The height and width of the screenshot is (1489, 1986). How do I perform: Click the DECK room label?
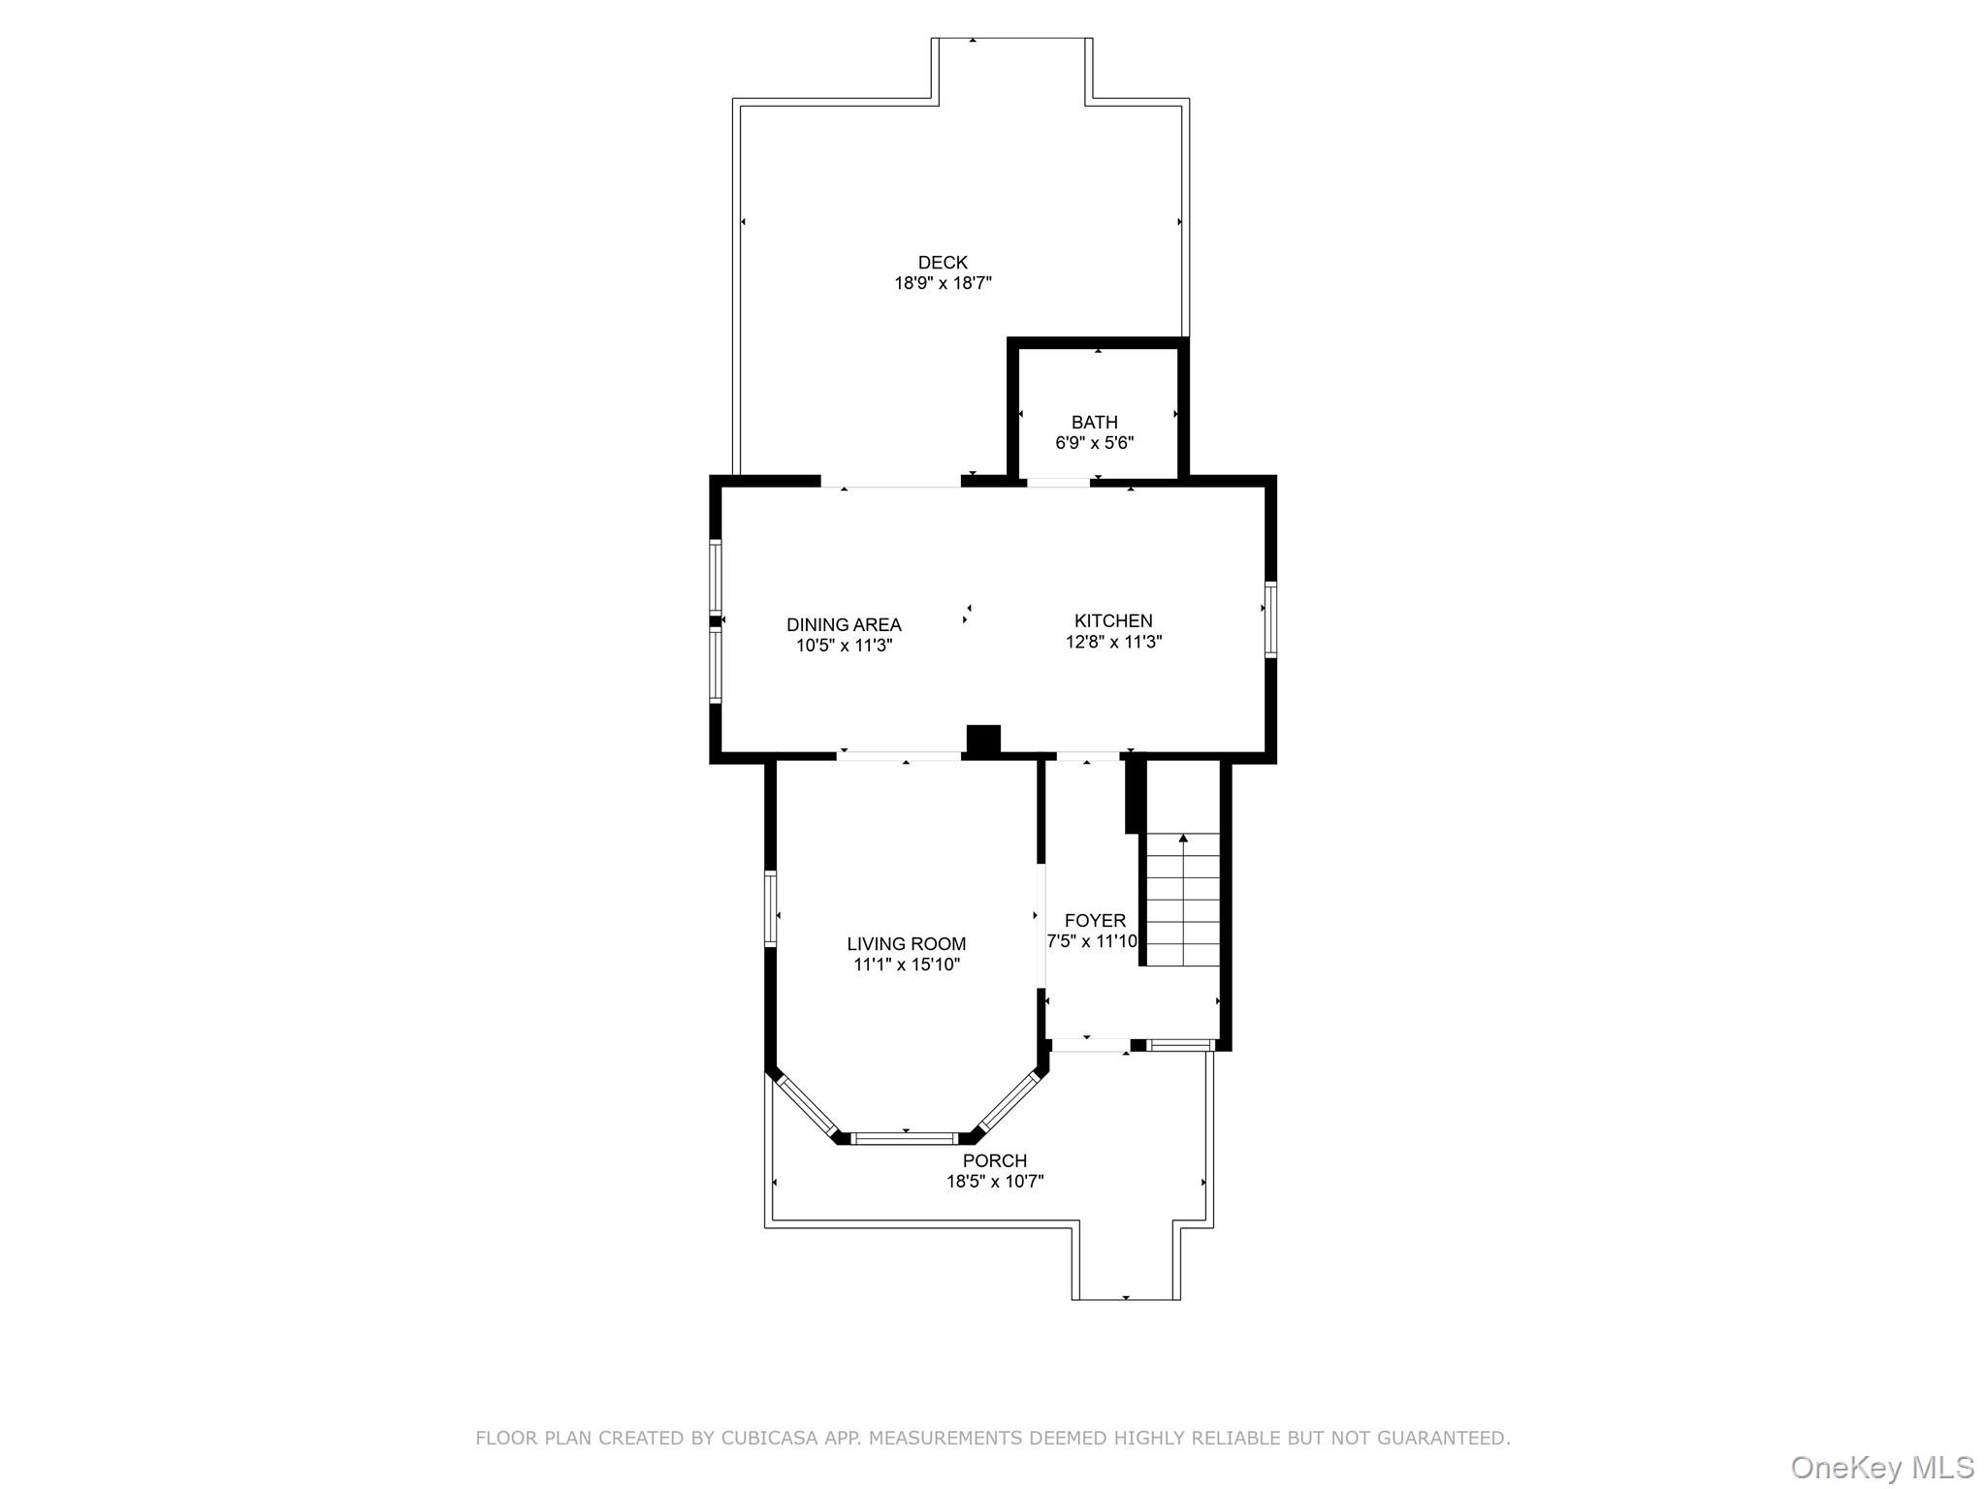(943, 262)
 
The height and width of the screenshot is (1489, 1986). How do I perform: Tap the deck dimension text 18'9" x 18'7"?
(943, 283)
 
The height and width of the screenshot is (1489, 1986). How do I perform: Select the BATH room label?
(1094, 422)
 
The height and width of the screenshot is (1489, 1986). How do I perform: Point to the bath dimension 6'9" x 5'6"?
(1094, 443)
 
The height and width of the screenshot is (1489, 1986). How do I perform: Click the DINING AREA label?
(844, 624)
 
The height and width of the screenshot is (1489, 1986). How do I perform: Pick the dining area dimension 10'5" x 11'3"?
(844, 646)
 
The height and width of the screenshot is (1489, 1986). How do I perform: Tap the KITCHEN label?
(1113, 620)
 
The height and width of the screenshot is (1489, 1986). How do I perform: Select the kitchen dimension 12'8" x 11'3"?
(1113, 642)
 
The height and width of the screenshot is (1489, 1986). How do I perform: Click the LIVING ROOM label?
(906, 943)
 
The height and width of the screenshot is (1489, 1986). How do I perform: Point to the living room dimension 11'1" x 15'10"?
(906, 965)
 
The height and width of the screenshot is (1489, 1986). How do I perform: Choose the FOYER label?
(1095, 920)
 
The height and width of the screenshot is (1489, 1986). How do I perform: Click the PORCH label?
(994, 1160)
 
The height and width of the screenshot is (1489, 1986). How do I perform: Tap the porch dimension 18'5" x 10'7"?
(994, 1182)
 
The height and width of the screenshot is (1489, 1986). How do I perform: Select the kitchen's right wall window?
(1270, 619)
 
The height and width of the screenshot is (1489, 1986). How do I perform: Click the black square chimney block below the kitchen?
(983, 740)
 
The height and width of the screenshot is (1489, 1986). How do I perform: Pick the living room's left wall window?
(771, 908)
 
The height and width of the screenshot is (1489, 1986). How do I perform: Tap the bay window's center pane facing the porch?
(905, 1139)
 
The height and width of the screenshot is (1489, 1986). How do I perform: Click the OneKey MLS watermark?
(1881, 1467)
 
